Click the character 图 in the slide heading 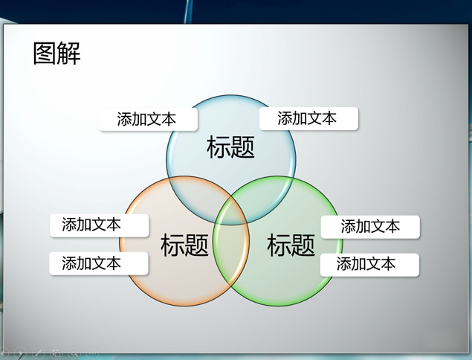pyautogui.click(x=45, y=54)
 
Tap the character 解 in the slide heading pyautogui.click(x=69, y=54)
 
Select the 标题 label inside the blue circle pyautogui.click(x=230, y=147)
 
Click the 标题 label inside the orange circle pyautogui.click(x=184, y=245)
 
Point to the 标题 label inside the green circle pyautogui.click(x=291, y=245)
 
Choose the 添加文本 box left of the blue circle pyautogui.click(x=148, y=119)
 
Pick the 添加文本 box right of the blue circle pyautogui.click(x=308, y=118)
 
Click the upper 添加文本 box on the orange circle pyautogui.click(x=100, y=225)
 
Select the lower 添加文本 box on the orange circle pyautogui.click(x=99, y=263)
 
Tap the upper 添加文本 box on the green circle pyautogui.click(x=370, y=227)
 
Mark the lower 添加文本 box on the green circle pyautogui.click(x=369, y=265)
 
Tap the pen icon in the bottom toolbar pyautogui.click(x=39, y=352)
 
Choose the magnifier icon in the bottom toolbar pyautogui.click(x=74, y=352)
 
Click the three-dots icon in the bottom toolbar pyautogui.click(x=92, y=352)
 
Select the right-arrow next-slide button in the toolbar pyautogui.click(x=21, y=353)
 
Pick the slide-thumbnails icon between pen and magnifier pyautogui.click(x=56, y=352)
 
